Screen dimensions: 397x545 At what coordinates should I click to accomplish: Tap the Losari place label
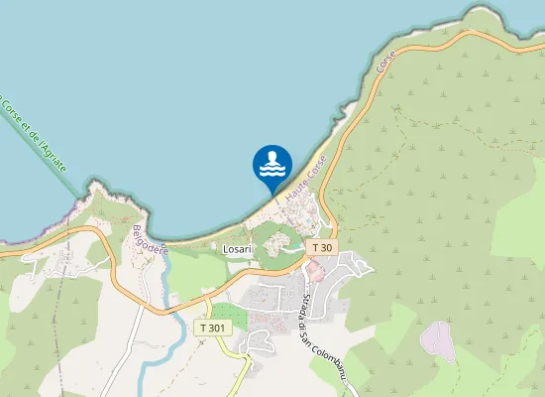click(238, 248)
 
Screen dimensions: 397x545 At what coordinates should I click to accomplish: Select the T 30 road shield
click(322, 247)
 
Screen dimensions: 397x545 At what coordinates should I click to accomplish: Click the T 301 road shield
click(212, 328)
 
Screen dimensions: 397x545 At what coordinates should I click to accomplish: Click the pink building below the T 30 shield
click(315, 269)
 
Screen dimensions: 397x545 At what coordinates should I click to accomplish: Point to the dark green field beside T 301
click(229, 316)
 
